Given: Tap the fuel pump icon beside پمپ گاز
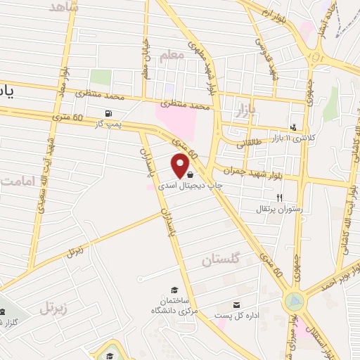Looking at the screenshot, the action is pos(108,113).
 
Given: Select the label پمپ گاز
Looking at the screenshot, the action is pos(109,124).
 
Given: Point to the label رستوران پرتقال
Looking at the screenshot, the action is pos(280,209).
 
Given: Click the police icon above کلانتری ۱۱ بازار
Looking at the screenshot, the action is pos(293,127).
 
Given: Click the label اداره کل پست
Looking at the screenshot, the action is pos(237,315).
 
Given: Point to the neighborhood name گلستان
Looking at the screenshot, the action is pos(220,259).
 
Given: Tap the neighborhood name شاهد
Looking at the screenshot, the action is pos(65,7).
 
